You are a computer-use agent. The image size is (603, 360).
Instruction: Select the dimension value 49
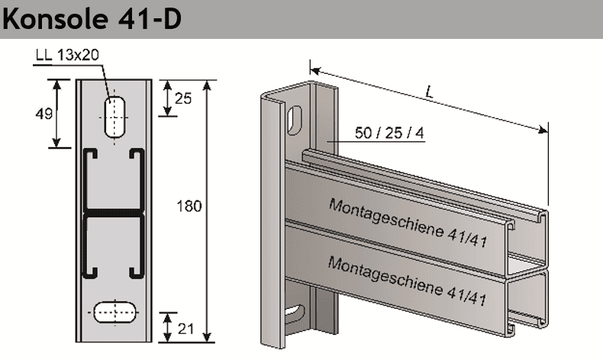[x=44, y=114]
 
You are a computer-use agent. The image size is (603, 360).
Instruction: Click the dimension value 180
[x=189, y=206]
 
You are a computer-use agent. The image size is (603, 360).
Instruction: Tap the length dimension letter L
[x=430, y=93]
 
